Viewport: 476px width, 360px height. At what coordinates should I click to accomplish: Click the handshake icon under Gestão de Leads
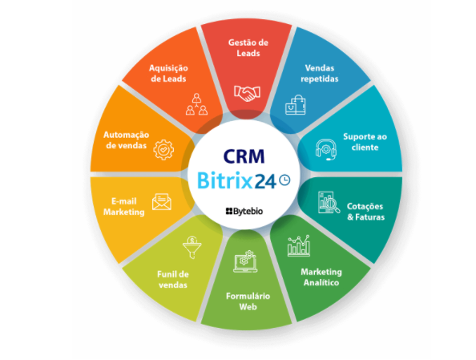click(x=247, y=93)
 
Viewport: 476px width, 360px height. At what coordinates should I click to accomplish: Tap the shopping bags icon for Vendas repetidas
click(x=296, y=105)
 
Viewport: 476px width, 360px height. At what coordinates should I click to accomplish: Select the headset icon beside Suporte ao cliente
click(x=325, y=150)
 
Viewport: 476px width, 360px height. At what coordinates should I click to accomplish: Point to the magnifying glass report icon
click(x=329, y=202)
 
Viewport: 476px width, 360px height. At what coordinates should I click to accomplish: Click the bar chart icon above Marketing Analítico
click(x=299, y=245)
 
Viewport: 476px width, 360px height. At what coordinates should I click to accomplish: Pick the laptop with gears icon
click(x=245, y=261)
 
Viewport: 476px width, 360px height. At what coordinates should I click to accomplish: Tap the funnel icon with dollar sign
click(x=192, y=247)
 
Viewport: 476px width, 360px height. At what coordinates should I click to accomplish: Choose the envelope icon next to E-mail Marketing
click(x=162, y=202)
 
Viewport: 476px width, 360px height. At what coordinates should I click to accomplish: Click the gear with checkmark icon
click(x=163, y=149)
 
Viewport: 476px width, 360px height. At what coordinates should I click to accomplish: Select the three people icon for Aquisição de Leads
click(x=196, y=104)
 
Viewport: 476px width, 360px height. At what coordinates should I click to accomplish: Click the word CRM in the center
click(x=244, y=156)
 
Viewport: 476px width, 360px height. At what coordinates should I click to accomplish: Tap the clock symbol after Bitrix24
click(x=284, y=180)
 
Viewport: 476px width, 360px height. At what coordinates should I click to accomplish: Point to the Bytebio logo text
click(x=244, y=211)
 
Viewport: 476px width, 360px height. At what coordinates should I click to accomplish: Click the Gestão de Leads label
click(x=248, y=47)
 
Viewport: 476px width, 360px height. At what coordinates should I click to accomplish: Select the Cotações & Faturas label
click(x=365, y=212)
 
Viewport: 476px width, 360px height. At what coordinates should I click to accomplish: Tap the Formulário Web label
click(x=248, y=301)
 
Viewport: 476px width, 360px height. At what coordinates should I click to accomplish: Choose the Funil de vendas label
click(x=173, y=280)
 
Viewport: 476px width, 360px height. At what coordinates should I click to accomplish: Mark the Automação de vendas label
click(x=126, y=140)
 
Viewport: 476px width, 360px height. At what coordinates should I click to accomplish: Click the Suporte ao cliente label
click(x=365, y=142)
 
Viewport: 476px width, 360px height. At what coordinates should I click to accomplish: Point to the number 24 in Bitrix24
click(x=265, y=181)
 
